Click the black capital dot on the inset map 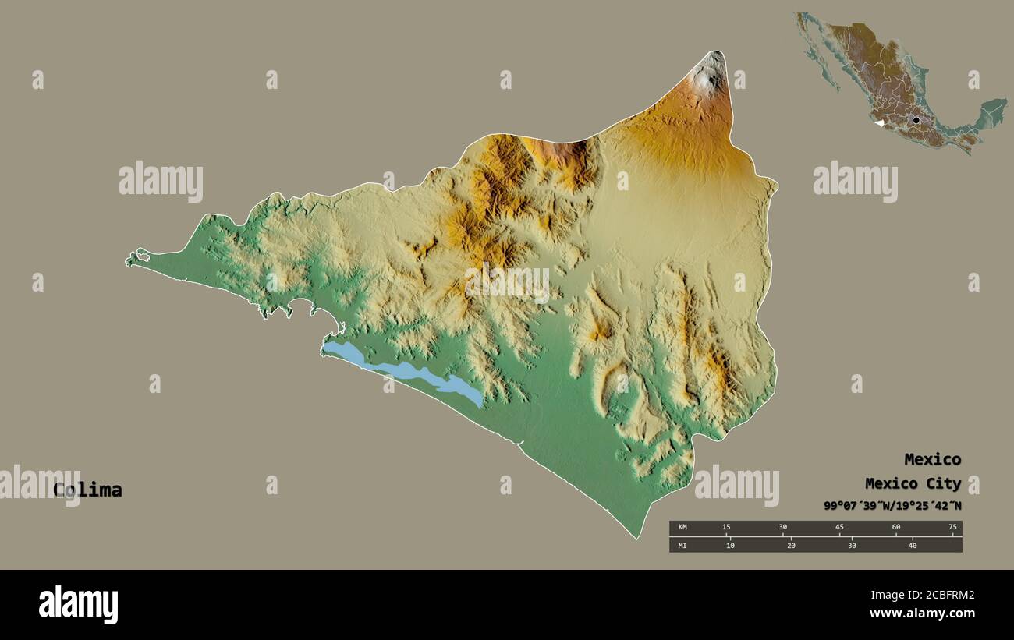tap(916, 120)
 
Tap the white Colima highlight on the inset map tap(879, 122)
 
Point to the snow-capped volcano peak tap(710, 78)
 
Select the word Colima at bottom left tap(87, 490)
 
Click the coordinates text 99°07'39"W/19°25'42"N tap(892, 506)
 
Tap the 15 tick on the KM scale tap(726, 528)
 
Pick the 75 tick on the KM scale tap(952, 528)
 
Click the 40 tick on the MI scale tap(912, 545)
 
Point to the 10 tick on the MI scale tap(730, 545)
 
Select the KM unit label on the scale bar tap(682, 528)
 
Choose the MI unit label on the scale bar tap(682, 545)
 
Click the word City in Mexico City tap(945, 483)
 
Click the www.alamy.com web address tap(923, 613)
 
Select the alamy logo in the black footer tap(79, 605)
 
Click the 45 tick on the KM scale tap(839, 528)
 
